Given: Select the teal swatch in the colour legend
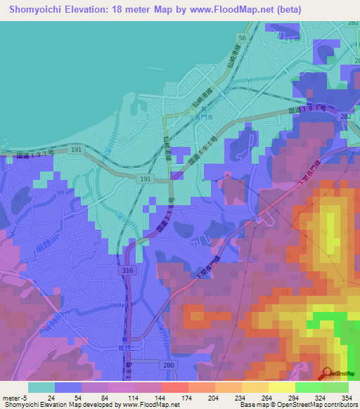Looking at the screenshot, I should coord(41,387).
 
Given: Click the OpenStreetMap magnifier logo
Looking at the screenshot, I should coord(327,374).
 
